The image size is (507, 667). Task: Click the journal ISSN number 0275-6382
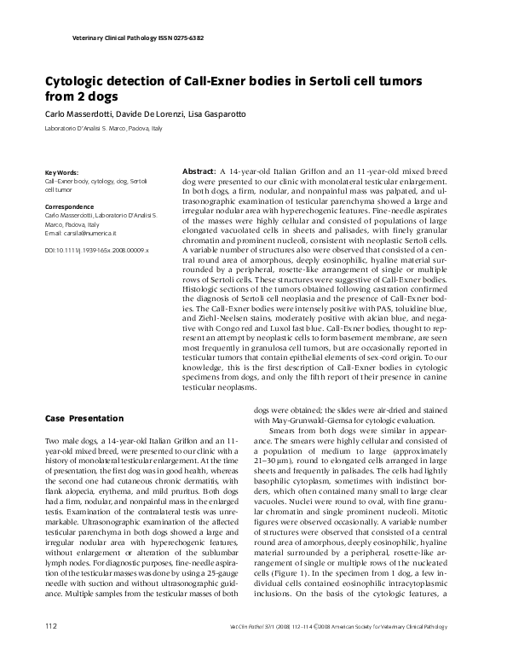click(x=183, y=38)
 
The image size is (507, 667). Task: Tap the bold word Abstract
click(x=199, y=171)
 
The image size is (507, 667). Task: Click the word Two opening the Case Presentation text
click(x=53, y=437)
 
